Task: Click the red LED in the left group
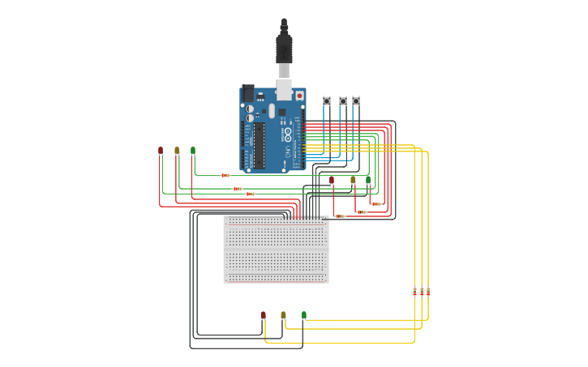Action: tap(161, 150)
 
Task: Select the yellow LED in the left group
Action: tap(177, 150)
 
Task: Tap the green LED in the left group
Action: tap(193, 150)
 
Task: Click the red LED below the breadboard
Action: tap(263, 314)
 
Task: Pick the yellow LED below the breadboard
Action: tap(283, 314)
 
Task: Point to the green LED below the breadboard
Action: tap(304, 314)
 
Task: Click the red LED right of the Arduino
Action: tap(331, 180)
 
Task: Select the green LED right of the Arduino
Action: tap(367, 179)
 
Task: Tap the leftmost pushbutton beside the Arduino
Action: tap(327, 100)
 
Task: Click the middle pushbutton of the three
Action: tap(342, 100)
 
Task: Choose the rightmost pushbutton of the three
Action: tap(356, 100)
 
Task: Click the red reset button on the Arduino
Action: tap(299, 95)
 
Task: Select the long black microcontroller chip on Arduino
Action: tap(260, 146)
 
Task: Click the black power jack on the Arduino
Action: tap(247, 93)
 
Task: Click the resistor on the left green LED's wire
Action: tap(225, 175)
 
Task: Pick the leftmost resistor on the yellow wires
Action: tap(414, 291)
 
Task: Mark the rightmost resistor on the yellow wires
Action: tap(428, 291)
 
